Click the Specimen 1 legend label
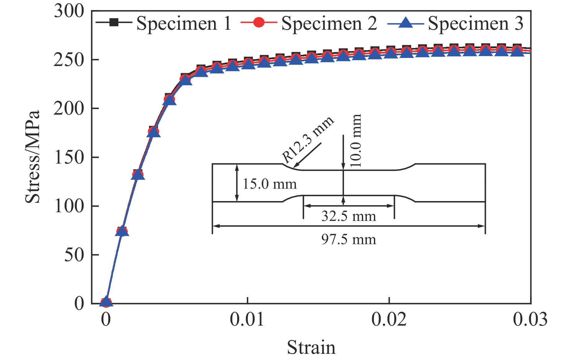pos(184,24)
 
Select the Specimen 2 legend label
pos(329,24)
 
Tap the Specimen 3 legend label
pos(476,24)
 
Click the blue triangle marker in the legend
pos(406,23)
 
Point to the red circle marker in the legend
pos(259,23)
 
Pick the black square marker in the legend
pos(114,22)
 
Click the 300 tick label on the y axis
pos(69,11)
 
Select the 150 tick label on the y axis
pos(69,157)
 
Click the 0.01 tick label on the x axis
pos(247,319)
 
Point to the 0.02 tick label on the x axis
pos(389,319)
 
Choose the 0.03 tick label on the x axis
pos(530,319)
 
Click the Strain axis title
pos(311,348)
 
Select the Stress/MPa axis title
pos(33,157)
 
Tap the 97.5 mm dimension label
pos(349,239)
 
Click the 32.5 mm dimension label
pos(349,216)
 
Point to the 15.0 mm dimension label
pos(270,184)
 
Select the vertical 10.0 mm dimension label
pos(356,140)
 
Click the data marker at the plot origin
pos(106,302)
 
